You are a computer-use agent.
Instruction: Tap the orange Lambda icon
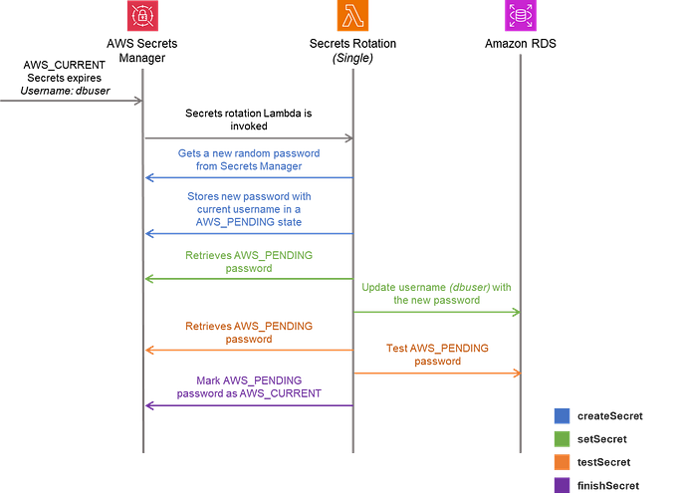pos(352,17)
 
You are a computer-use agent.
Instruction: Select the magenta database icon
pos(519,17)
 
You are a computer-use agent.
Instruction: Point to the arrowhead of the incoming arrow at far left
pos(135,100)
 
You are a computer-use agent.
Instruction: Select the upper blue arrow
pos(249,177)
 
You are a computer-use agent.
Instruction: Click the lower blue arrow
pos(249,233)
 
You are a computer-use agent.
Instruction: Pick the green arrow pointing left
pos(249,280)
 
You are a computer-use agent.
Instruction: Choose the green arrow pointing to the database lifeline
pos(436,313)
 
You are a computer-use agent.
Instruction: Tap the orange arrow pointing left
pos(249,350)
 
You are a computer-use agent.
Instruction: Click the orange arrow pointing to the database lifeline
pos(436,373)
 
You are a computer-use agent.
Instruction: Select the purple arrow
pos(249,404)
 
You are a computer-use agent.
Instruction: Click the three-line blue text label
pos(249,209)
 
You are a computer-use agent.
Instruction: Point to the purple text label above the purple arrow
pos(249,386)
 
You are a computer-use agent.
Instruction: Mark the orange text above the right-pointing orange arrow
pos(437,355)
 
